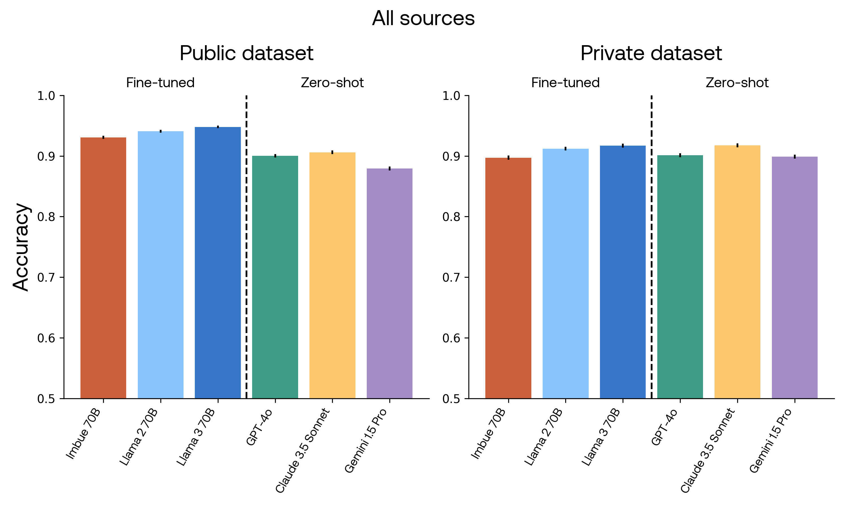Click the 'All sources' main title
(x=423, y=18)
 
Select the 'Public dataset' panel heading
(x=246, y=53)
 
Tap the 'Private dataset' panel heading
(x=651, y=53)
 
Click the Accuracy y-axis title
(x=21, y=247)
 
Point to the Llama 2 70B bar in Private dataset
(x=565, y=273)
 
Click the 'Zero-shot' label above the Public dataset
(x=332, y=83)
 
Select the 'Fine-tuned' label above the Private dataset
(x=565, y=83)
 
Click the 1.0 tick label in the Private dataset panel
(x=451, y=96)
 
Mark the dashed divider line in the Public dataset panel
(x=246, y=246)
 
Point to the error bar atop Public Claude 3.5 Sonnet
(x=332, y=152)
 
